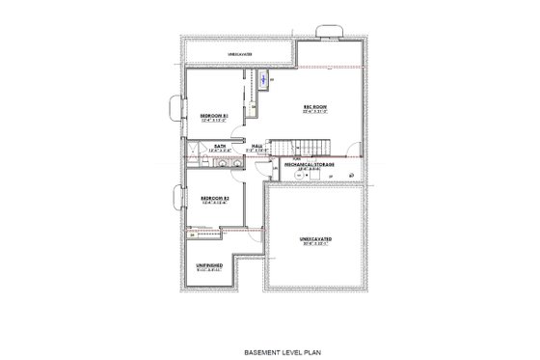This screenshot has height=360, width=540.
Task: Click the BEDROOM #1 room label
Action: tap(213, 115)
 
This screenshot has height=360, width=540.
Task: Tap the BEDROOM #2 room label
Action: tap(213, 197)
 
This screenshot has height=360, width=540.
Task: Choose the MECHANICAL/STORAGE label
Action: tap(310, 164)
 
